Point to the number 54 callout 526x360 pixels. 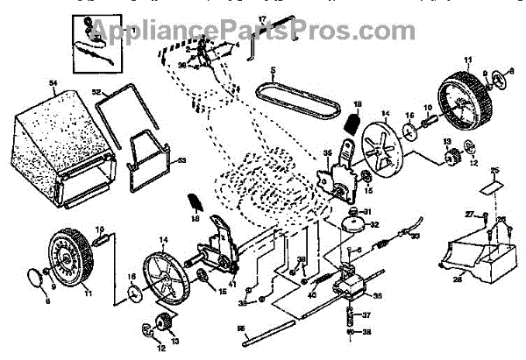pyautogui.click(x=53, y=83)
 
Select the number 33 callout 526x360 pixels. pyautogui.click(x=416, y=236)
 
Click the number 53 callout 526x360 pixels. pyautogui.click(x=182, y=160)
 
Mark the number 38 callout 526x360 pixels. pyautogui.click(x=367, y=331)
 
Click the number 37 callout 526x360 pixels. pyautogui.click(x=367, y=314)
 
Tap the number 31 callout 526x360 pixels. pyautogui.click(x=367, y=210)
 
